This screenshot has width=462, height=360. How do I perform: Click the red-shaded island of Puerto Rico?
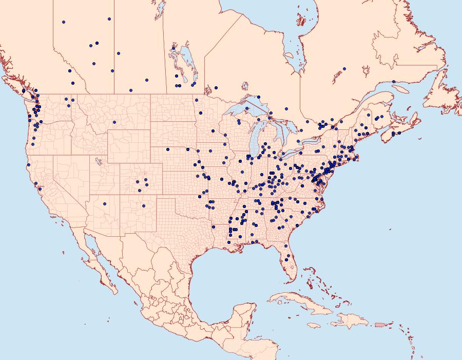[x=380, y=324]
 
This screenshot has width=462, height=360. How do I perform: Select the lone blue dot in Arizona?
[x=104, y=204]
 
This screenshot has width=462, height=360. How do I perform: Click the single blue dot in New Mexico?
[x=144, y=206]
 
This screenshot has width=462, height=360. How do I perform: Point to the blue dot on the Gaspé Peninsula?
[x=393, y=82]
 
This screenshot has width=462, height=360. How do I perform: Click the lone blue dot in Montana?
[x=114, y=122]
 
